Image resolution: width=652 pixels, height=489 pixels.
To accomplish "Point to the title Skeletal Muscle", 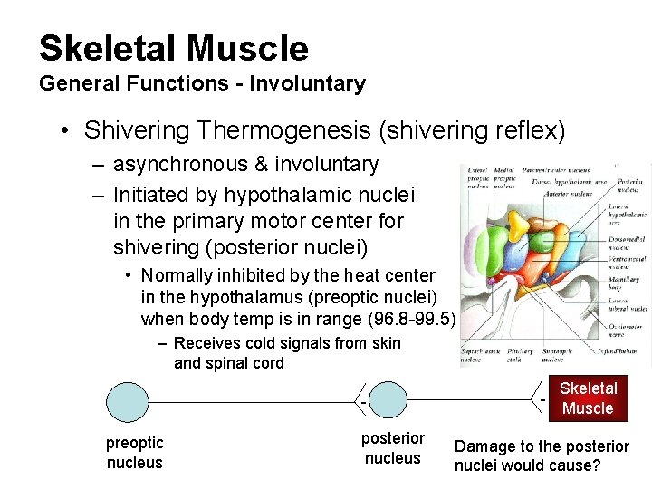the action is tap(174, 48).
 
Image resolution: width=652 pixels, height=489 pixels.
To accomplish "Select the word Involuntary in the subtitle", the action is tap(308, 84).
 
